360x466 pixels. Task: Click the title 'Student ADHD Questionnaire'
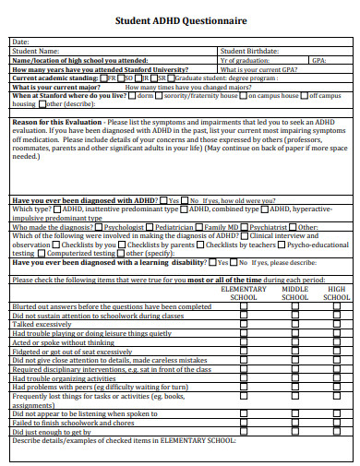click(x=179, y=20)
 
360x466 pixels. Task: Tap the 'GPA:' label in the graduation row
click(x=319, y=60)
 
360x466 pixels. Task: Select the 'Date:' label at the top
click(x=20, y=42)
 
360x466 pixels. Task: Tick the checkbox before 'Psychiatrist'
click(x=246, y=227)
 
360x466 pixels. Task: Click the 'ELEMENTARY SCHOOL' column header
click(x=245, y=293)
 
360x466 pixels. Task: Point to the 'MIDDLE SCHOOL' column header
click(x=294, y=293)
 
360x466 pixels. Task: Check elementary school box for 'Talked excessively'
click(x=245, y=325)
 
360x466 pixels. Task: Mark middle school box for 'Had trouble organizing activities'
click(x=294, y=378)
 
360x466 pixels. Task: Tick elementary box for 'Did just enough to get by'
click(x=245, y=431)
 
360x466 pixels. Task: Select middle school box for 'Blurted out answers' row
click(x=294, y=307)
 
